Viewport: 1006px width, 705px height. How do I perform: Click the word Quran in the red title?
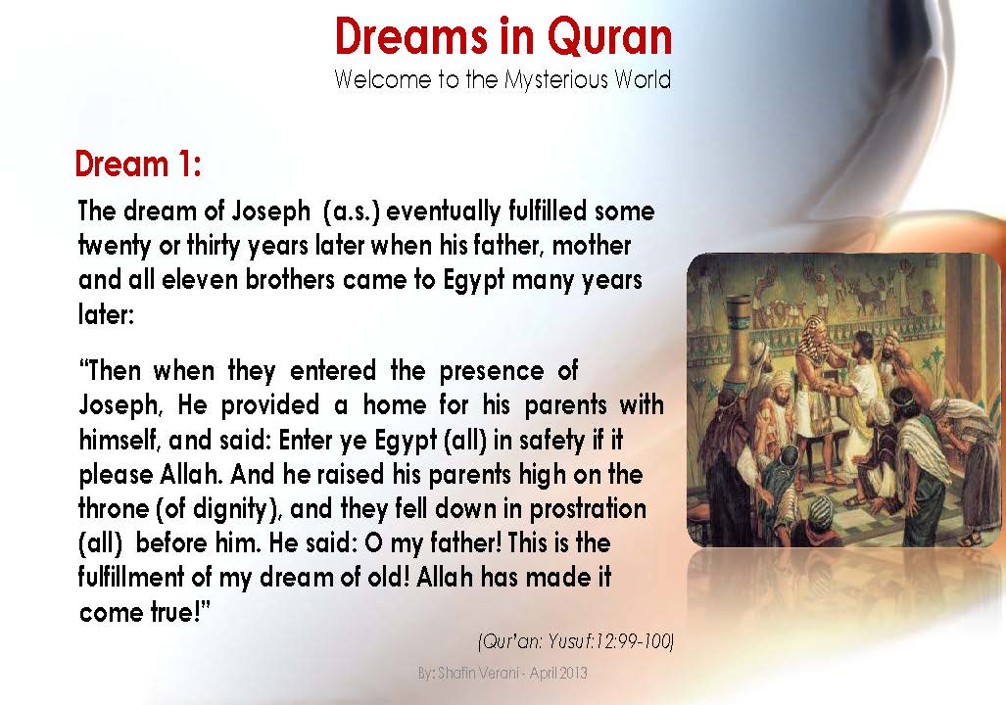[609, 37]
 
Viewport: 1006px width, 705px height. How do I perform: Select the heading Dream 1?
[138, 164]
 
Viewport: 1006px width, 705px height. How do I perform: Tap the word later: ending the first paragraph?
[106, 313]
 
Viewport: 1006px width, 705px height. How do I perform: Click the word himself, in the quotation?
[119, 441]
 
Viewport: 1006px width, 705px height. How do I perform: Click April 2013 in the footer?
[559, 675]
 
